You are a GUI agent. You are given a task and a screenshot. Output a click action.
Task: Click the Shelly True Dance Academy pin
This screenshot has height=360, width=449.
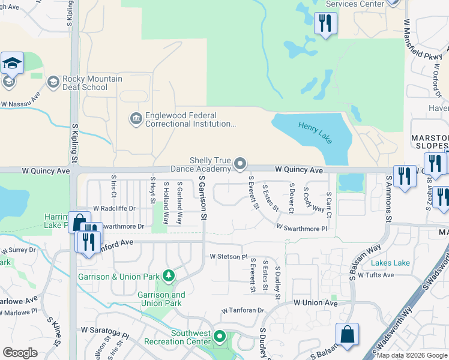click(x=241, y=163)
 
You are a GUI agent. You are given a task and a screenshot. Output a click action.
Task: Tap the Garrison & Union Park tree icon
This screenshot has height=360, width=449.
click(x=169, y=276)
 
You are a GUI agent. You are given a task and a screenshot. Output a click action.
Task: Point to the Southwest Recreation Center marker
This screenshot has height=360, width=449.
click(x=220, y=337)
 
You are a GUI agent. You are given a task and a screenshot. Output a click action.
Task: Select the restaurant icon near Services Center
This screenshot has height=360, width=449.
click(x=325, y=24)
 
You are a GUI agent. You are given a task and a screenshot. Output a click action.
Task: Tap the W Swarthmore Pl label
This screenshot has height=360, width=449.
click(x=301, y=229)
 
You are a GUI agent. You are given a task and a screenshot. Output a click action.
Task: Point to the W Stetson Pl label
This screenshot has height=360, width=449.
click(x=228, y=257)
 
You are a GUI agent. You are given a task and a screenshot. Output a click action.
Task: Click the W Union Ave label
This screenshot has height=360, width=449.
click(x=316, y=304)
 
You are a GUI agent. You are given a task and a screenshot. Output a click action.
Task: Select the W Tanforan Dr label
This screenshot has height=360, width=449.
click(x=243, y=311)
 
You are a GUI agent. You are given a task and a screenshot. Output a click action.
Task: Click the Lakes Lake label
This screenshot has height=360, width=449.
click(x=390, y=263)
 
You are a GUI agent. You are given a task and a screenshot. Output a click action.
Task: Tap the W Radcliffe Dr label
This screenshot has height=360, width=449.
click(x=114, y=208)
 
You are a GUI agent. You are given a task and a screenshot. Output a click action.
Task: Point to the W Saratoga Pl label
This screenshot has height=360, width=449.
click(x=105, y=332)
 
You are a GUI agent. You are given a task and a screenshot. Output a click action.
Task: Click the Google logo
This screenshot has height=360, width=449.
click(x=20, y=353)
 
